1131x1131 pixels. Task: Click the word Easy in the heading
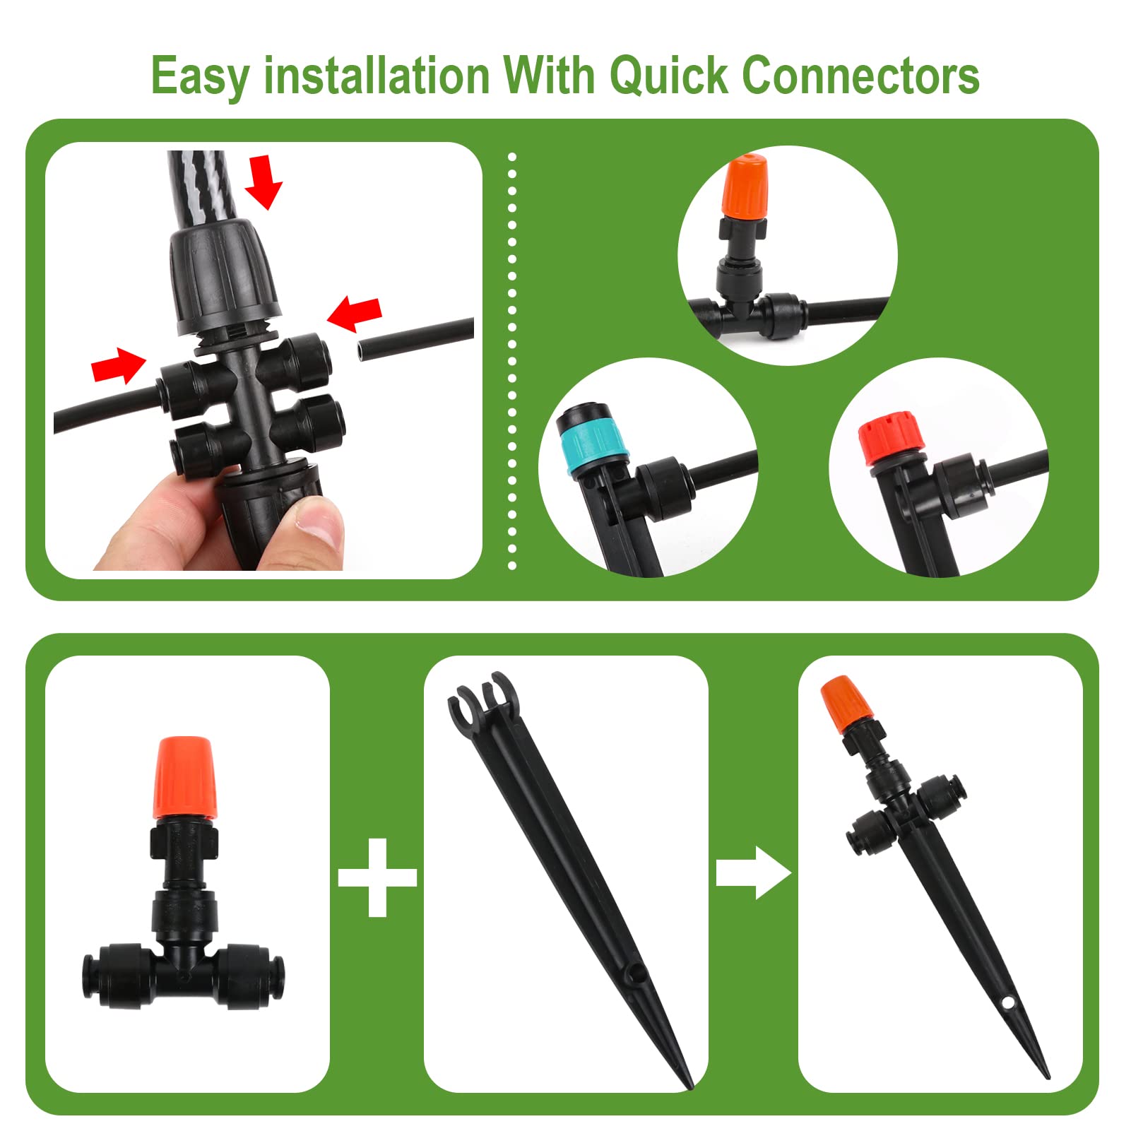click(x=200, y=76)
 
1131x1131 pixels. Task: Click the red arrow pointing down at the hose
click(x=263, y=182)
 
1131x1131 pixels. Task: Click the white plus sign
click(x=377, y=877)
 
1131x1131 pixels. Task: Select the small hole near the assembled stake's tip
click(x=1006, y=1001)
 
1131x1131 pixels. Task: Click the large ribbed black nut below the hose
click(x=224, y=278)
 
